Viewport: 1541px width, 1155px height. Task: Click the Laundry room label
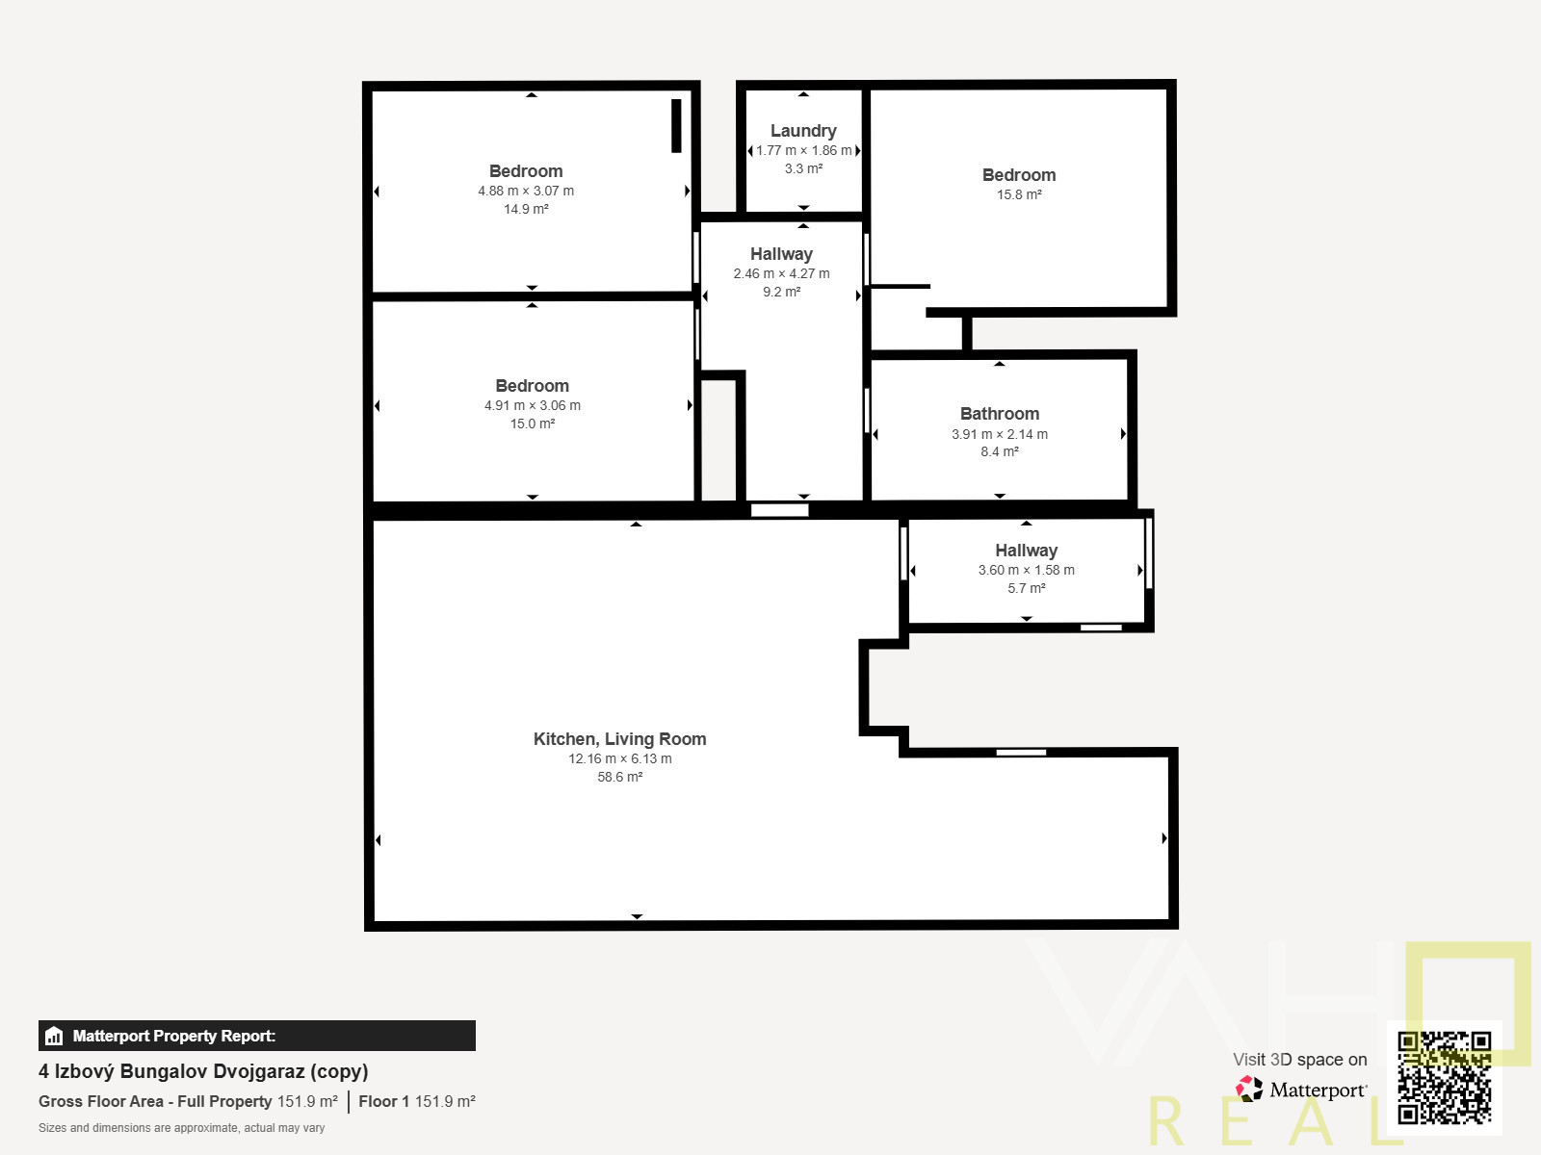click(803, 131)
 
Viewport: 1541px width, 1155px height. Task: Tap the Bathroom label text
click(999, 414)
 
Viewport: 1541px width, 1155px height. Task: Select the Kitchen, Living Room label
click(619, 739)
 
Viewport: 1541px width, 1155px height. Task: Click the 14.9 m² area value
click(526, 209)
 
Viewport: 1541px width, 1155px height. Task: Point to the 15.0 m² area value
click(533, 423)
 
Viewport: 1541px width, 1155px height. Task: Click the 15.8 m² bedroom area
click(1019, 194)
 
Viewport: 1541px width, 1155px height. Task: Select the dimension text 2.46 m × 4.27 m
click(781, 273)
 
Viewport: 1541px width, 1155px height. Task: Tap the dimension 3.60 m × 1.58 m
click(1026, 570)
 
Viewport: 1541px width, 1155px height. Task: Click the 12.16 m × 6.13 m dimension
click(619, 758)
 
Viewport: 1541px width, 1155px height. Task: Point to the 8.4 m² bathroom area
click(999, 451)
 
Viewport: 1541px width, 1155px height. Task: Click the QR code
click(1444, 1078)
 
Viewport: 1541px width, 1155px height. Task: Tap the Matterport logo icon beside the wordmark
click(1249, 1090)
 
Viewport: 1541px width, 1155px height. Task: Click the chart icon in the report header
click(54, 1036)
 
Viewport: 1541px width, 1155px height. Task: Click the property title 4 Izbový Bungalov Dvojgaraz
click(171, 1071)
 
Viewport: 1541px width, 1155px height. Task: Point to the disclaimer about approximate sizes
click(181, 1128)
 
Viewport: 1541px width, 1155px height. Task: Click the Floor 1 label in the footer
click(383, 1101)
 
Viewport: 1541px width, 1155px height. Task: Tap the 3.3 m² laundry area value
click(803, 169)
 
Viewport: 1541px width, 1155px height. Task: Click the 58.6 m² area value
click(619, 777)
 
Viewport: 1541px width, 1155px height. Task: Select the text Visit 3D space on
click(1299, 1060)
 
